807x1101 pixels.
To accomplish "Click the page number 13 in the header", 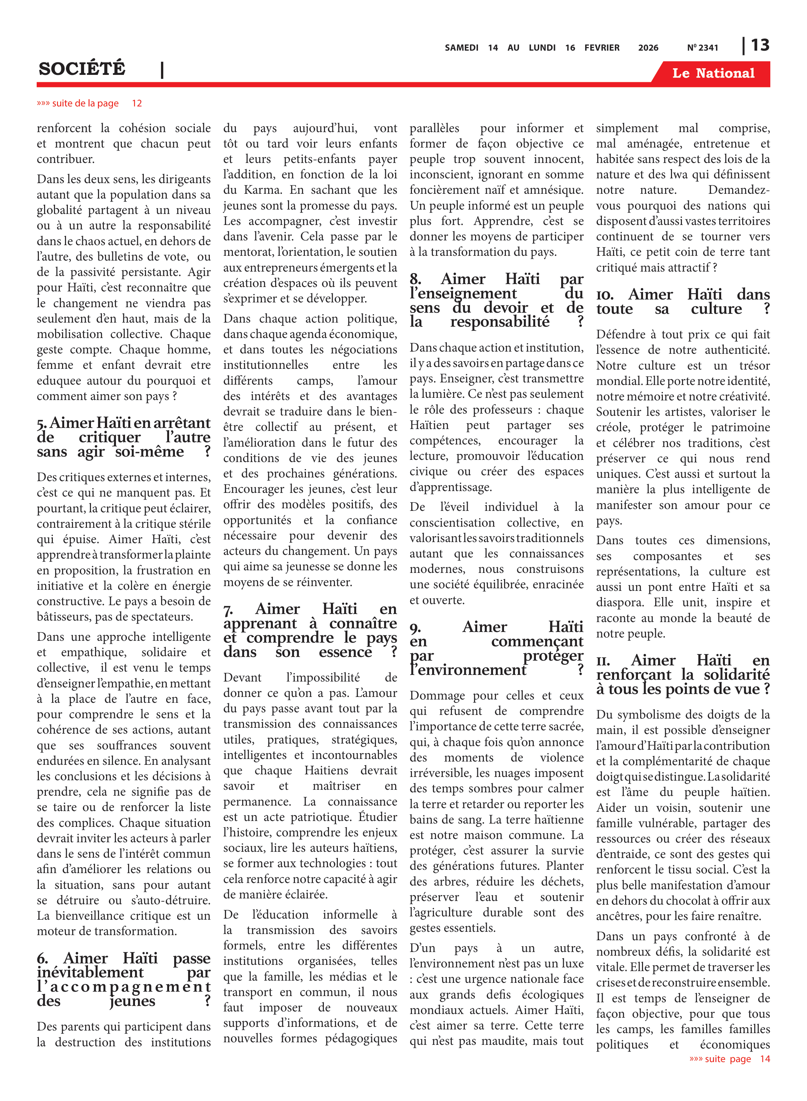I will pyautogui.click(x=760, y=46).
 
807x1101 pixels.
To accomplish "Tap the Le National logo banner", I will pyautogui.click(x=713, y=73).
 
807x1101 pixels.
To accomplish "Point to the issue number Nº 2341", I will pyautogui.click(x=702, y=48).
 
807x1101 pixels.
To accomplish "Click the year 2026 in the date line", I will pyautogui.click(x=648, y=48).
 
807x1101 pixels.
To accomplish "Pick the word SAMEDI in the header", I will pyautogui.click(x=461, y=48).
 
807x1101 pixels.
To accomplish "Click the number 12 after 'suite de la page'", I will pyautogui.click(x=137, y=103).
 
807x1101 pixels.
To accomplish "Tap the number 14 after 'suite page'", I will pyautogui.click(x=764, y=1059).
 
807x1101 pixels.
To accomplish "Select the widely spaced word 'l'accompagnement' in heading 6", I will pyautogui.click(x=124, y=986).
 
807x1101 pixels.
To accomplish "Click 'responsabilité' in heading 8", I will pyautogui.click(x=500, y=321).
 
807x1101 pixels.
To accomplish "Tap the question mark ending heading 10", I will pyautogui.click(x=766, y=309).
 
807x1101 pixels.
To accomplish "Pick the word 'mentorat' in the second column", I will pyautogui.click(x=246, y=252).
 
